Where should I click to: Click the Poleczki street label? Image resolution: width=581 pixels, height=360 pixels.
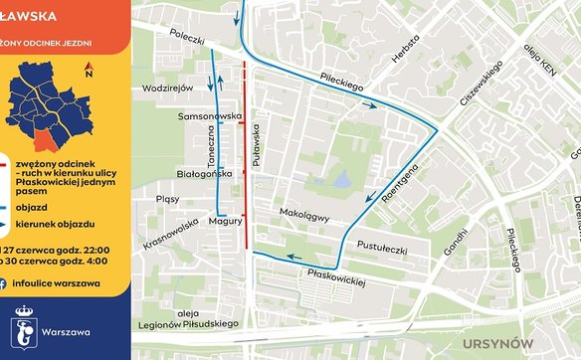pyautogui.click(x=185, y=39)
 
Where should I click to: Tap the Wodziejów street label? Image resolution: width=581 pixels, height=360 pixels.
pyautogui.click(x=167, y=88)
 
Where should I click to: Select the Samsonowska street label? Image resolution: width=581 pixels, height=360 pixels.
pyautogui.click(x=210, y=116)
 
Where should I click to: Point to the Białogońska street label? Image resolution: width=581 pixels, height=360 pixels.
pyautogui.click(x=204, y=173)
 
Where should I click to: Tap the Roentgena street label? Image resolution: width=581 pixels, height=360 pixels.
pyautogui.click(x=412, y=179)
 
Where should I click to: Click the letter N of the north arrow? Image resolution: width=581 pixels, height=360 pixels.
pyautogui.click(x=89, y=73)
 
